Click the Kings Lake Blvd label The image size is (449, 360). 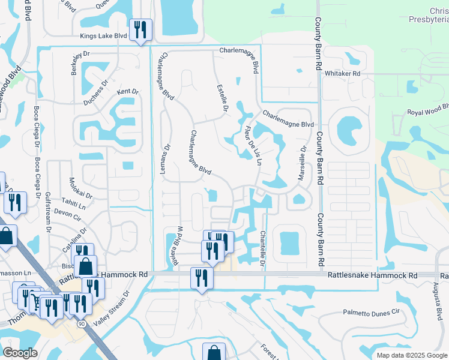point(104,36)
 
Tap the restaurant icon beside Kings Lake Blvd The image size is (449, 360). point(140,30)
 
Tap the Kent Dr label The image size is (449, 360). point(127,92)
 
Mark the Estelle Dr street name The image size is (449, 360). point(222,98)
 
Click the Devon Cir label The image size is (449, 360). point(67,212)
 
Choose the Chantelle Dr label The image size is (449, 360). point(263,248)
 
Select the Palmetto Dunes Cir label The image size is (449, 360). point(371,313)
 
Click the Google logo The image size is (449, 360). point(20,353)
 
